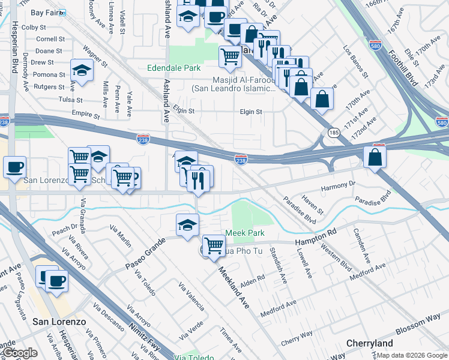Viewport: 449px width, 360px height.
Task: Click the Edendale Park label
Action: [174, 68]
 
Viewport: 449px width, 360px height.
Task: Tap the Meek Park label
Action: [245, 233]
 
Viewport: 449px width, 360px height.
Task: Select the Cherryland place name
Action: [369, 344]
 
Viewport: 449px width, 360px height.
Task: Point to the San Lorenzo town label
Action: [59, 322]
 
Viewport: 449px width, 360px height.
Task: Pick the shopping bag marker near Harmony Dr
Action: [375, 158]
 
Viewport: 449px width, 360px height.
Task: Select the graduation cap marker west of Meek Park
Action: [187, 225]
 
